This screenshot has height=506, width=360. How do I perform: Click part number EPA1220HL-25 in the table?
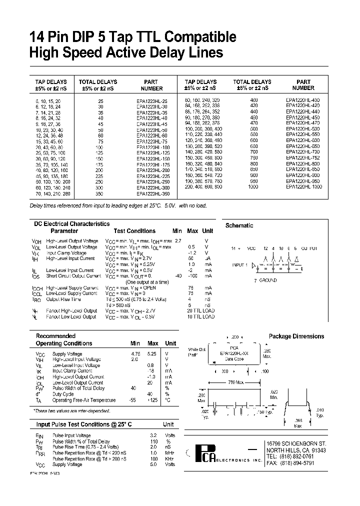pos(152,100)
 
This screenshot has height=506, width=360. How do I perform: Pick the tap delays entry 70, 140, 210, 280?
pos(50,192)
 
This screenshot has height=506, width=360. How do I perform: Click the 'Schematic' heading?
pos(239,225)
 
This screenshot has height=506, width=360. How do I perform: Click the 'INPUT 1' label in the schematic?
pos(239,264)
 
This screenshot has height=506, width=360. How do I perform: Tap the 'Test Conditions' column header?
pos(134,231)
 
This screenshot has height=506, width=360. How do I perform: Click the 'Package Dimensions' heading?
pos(296,336)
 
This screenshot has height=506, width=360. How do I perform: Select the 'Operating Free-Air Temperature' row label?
pos(84,400)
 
